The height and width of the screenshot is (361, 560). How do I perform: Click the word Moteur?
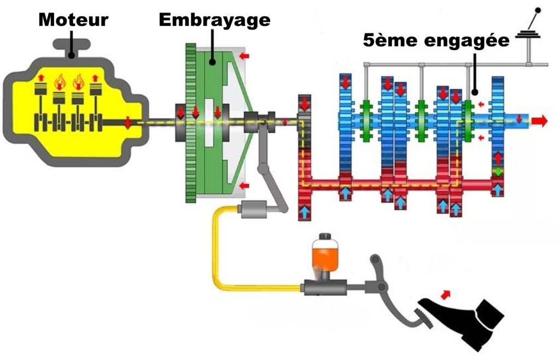coord(73,20)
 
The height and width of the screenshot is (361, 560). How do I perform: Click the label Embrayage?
coord(214,20)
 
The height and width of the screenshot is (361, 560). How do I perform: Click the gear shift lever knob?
coord(538,10)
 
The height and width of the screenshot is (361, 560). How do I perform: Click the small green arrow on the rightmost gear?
coord(498,172)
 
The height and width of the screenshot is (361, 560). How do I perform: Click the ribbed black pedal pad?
coord(423,319)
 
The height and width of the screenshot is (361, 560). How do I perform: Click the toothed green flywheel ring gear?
coord(190,121)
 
